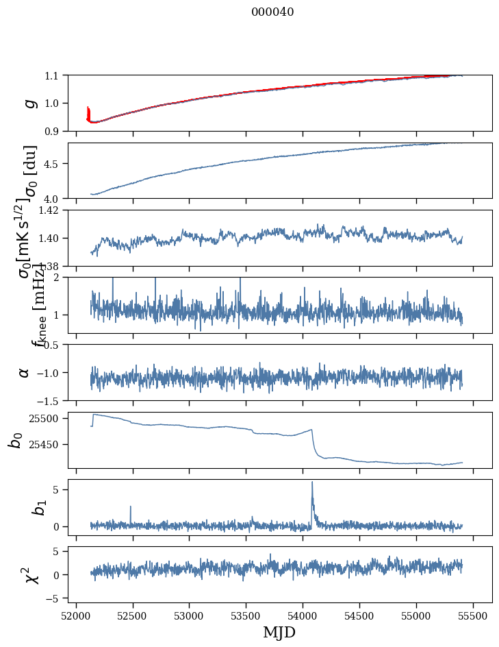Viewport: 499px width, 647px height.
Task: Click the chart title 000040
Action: pos(272,12)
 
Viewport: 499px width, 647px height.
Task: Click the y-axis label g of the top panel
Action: pos(29,103)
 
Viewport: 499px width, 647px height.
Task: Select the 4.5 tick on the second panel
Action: pos(55,164)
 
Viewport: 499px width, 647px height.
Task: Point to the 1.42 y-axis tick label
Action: pos(51,210)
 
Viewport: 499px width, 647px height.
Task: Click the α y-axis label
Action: pos(24,372)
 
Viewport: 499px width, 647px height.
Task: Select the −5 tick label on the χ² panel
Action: pos(55,598)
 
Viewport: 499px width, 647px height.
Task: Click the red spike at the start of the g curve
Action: pos(88,112)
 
